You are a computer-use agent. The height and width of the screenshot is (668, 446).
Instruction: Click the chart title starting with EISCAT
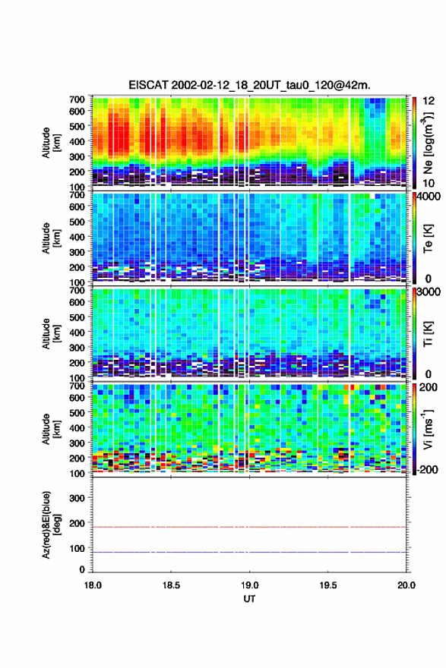point(249,85)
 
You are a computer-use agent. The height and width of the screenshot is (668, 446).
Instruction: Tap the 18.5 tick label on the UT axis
point(171,585)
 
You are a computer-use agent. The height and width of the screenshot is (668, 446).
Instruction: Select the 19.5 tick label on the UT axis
point(328,585)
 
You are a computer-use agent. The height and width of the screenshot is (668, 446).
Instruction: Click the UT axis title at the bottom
point(249,599)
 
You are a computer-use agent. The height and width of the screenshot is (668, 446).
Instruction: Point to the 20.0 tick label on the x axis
point(406,585)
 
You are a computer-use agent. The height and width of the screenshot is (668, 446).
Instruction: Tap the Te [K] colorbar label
point(428,238)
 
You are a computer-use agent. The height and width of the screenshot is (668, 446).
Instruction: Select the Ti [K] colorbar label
point(428,334)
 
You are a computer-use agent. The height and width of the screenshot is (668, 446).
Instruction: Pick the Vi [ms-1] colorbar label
point(428,429)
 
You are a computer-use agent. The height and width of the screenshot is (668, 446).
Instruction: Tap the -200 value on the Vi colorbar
point(427,469)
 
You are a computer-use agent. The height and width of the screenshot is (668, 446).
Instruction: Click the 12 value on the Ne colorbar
point(429,101)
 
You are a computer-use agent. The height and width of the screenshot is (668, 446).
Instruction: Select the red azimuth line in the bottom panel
point(249,527)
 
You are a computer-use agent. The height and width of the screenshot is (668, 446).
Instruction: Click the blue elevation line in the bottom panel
point(249,552)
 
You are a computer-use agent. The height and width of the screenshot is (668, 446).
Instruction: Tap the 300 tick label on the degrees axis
point(77,498)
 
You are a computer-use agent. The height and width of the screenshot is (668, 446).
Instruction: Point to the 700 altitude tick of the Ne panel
point(77,99)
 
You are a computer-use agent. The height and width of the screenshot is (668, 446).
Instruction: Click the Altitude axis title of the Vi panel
point(51,429)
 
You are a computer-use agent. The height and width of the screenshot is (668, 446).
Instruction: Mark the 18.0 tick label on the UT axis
point(93,585)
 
